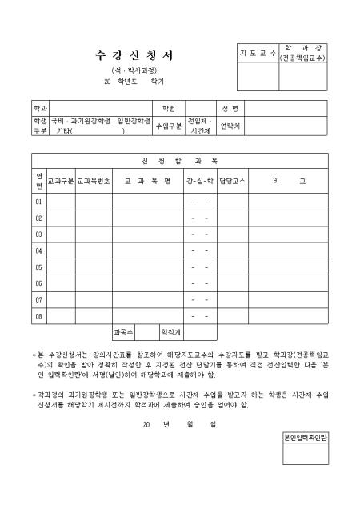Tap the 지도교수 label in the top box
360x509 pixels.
[x=255, y=52]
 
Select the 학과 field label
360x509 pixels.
[x=40, y=108]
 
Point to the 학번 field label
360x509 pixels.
[x=169, y=108]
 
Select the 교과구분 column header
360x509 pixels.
[x=62, y=181]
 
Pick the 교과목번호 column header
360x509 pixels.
[x=94, y=181]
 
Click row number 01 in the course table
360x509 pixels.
[x=39, y=202]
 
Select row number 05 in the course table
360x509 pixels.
[x=39, y=267]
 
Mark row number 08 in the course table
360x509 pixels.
[x=39, y=316]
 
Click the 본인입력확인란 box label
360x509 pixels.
[x=306, y=439]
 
